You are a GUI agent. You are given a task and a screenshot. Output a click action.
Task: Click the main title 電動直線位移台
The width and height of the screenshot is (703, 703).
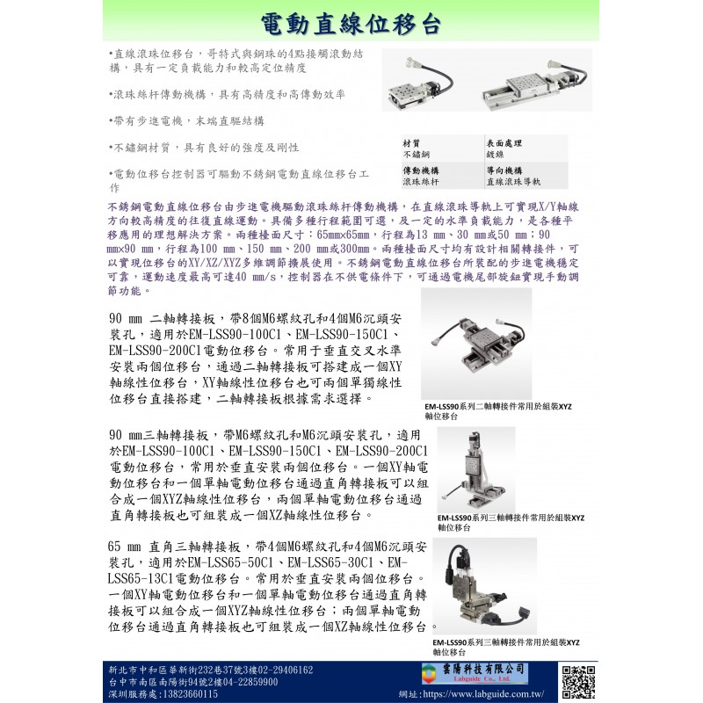tap(351, 23)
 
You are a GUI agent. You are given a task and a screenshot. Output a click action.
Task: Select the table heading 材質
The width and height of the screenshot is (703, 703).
tap(411, 142)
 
